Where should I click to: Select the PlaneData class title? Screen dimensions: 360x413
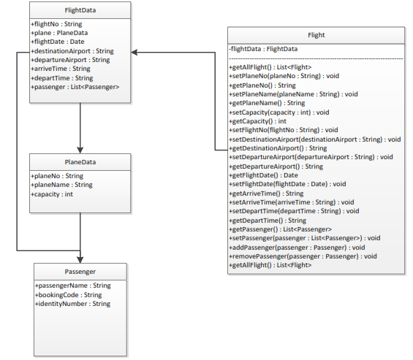coord(80,163)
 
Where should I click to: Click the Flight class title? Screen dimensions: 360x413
coord(316,34)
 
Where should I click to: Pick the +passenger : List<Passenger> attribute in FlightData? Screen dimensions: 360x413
coord(75,87)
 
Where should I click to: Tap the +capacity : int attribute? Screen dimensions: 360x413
coord(52,194)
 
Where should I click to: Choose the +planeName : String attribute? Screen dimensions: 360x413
coord(61,185)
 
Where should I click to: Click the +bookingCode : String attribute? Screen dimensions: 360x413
coord(68,294)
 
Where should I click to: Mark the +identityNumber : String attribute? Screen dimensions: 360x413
coord(72,303)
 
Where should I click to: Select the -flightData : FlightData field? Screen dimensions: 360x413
coord(263,49)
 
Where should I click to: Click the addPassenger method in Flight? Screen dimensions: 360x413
coord(297,247)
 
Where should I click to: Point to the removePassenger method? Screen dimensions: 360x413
coord(303,256)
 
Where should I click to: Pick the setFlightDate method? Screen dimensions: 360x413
coord(287,184)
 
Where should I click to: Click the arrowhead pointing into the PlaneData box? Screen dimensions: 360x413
coord(80,150)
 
